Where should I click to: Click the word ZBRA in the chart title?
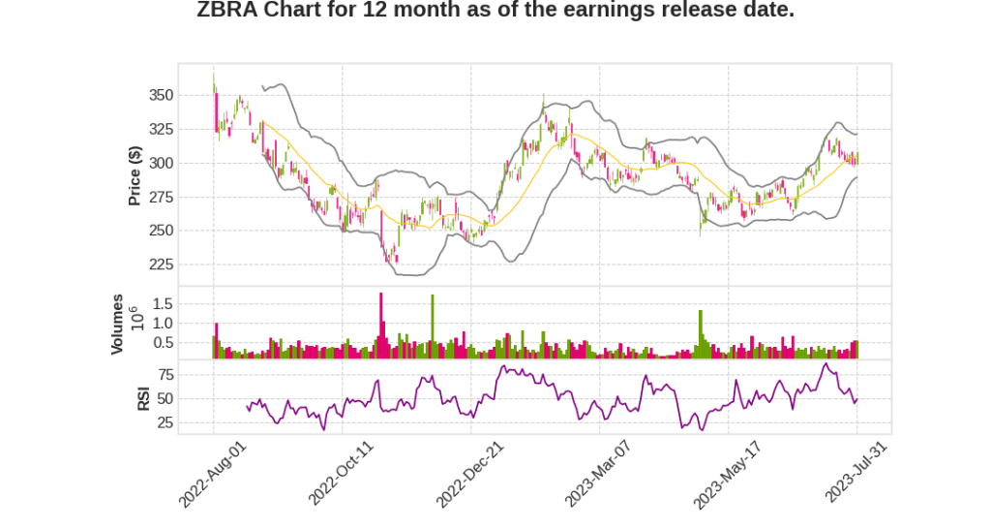click(x=226, y=11)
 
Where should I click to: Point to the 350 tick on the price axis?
click(x=161, y=95)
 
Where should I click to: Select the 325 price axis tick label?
click(x=161, y=129)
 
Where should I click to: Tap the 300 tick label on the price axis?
click(x=161, y=163)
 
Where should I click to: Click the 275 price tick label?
click(x=161, y=197)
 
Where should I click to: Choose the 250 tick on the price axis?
click(x=161, y=231)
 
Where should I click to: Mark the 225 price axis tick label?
click(x=161, y=264)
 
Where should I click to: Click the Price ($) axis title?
click(x=135, y=175)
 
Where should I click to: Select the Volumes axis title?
click(x=117, y=324)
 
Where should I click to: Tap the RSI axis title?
click(x=143, y=397)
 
